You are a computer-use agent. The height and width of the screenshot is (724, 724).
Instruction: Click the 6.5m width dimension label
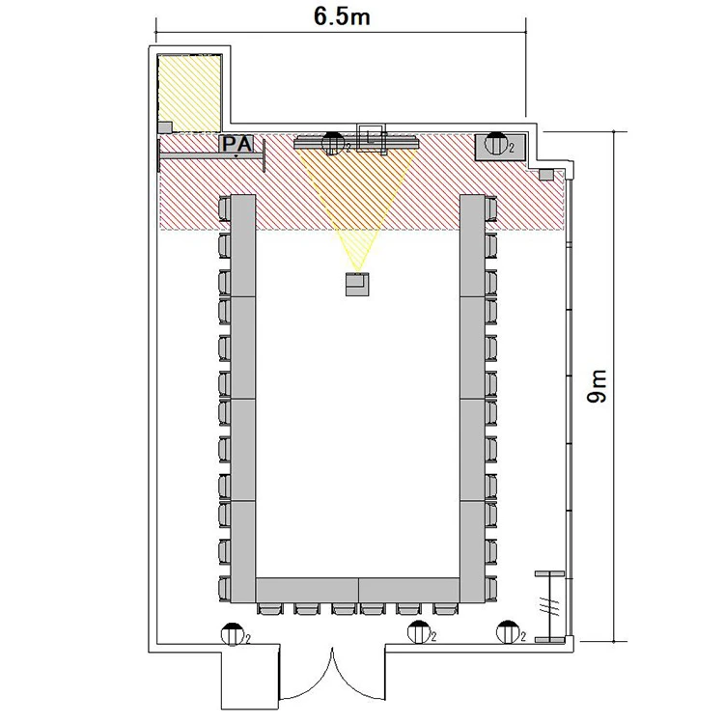342,16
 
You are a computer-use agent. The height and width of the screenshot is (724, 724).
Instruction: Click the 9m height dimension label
597,386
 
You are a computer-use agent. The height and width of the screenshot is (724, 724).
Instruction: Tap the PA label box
237,144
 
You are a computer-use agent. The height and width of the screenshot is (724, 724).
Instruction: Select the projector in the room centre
357,284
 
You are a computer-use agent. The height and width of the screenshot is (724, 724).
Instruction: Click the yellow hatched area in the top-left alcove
190,93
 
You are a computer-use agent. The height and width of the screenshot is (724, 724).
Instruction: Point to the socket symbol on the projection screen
333,143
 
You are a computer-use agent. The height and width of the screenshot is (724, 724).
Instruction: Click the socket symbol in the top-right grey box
495,143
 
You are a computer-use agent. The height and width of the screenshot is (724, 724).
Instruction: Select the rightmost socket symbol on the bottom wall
508,632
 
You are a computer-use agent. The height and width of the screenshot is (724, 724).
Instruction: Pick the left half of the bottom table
307,590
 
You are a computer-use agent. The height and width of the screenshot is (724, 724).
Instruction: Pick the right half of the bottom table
409,590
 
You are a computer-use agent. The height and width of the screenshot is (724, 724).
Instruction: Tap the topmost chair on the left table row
224,209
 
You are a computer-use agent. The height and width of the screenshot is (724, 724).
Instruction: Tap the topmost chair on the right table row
490,209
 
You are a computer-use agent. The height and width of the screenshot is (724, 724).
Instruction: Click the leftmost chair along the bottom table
269,608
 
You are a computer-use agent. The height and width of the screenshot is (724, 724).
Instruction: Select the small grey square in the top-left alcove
165,127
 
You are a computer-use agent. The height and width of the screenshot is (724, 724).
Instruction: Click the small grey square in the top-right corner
546,175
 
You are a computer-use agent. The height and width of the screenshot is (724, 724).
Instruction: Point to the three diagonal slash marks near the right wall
551,605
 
